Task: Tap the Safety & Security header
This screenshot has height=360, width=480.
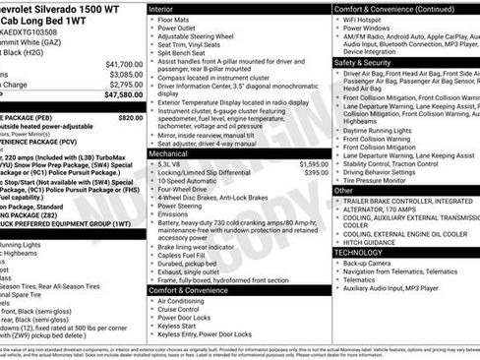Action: click(x=368, y=62)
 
